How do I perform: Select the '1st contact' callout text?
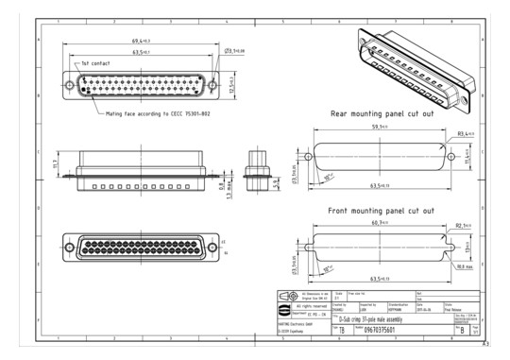point(96,64)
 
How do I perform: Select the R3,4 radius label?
point(465,134)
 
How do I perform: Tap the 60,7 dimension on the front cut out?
point(379,223)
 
